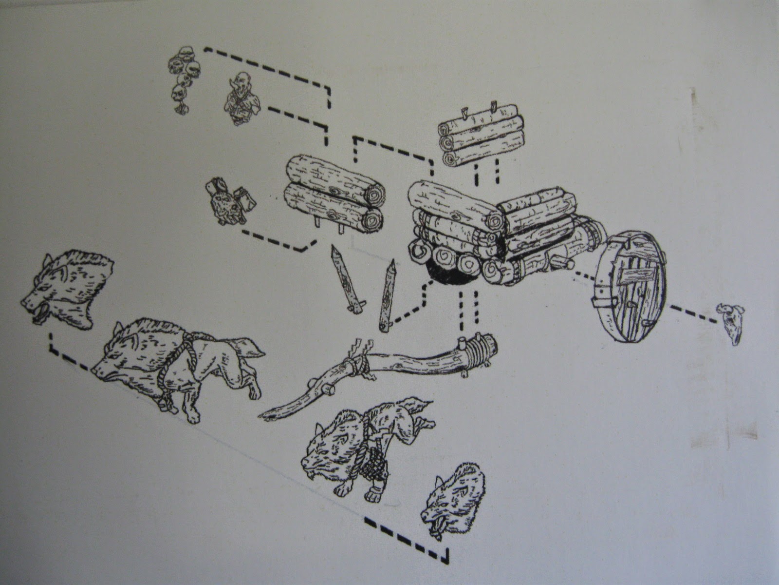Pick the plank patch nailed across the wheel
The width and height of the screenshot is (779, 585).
pos(628,278)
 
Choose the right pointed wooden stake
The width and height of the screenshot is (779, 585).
pos(388,295)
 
